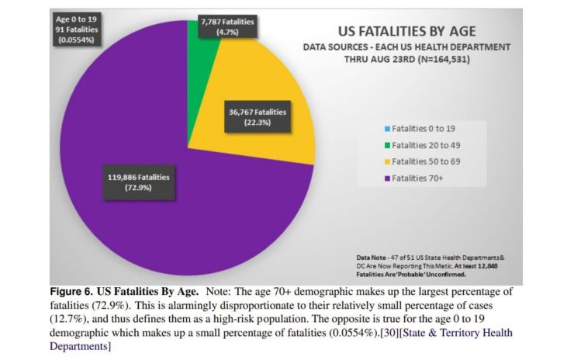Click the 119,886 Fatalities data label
pyautogui.click(x=139, y=182)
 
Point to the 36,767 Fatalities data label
pyautogui.click(x=258, y=117)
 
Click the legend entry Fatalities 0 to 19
pyautogui.click(x=423, y=127)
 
